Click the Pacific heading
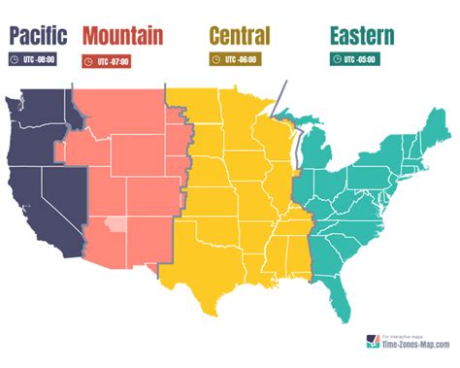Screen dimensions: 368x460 pos(38,37)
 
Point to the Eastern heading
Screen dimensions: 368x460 pos(361,37)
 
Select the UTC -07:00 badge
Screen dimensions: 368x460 pos(107,61)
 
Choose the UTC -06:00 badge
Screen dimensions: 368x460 pos(234,59)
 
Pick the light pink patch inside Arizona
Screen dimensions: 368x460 pos(115,229)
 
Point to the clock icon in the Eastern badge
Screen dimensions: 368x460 pos(335,59)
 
